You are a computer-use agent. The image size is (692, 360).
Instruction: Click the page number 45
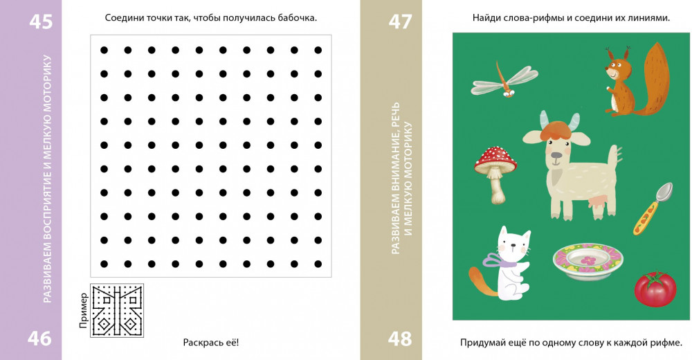pos(41,21)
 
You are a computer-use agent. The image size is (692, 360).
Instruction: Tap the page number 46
pos(39,339)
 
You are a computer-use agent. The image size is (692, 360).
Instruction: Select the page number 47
pos(400,21)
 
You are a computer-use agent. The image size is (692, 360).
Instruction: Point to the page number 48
pos(400,339)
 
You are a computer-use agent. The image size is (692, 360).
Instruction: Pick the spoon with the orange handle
pos(653,208)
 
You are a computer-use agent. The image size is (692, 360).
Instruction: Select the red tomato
pos(655,289)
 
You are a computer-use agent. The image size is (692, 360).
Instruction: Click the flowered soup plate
pos(588,262)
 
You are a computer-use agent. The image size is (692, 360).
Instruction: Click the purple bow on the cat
pos(499,260)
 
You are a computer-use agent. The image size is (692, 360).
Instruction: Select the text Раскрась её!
pos(211,342)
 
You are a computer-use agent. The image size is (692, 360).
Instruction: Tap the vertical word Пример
pos(84,311)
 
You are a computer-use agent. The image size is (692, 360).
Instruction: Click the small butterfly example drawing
pos(117,311)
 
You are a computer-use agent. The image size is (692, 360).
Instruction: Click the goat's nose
pos(556,156)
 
